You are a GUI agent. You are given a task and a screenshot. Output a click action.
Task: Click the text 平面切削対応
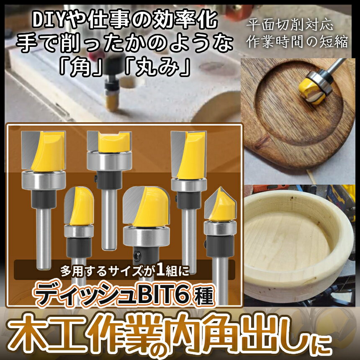[290, 26]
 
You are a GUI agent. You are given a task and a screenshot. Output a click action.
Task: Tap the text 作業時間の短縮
[297, 42]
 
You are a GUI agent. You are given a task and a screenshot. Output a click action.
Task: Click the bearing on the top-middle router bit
[108, 161]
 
